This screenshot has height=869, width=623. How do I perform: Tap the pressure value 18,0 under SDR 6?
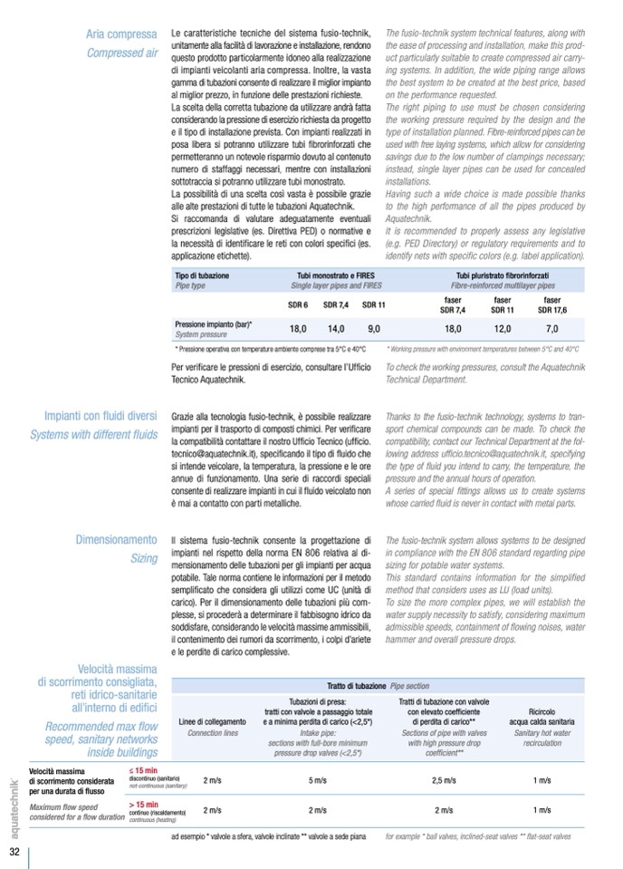coord(298,329)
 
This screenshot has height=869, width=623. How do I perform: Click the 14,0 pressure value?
coord(336,329)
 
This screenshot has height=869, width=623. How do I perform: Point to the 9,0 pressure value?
coord(373,329)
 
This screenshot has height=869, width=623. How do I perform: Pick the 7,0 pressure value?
coord(551,329)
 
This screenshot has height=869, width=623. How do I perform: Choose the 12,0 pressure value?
coord(503,329)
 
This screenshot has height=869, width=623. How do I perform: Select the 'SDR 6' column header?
coord(298,305)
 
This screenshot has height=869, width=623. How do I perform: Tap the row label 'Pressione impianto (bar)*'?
coord(213,323)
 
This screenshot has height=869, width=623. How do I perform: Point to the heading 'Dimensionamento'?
coord(116,540)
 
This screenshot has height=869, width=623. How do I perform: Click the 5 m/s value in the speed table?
coord(317,779)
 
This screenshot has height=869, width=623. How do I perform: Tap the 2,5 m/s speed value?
coord(444,779)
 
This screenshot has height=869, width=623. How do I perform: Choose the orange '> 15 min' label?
coord(144,804)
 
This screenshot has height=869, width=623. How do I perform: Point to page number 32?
coord(14,853)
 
